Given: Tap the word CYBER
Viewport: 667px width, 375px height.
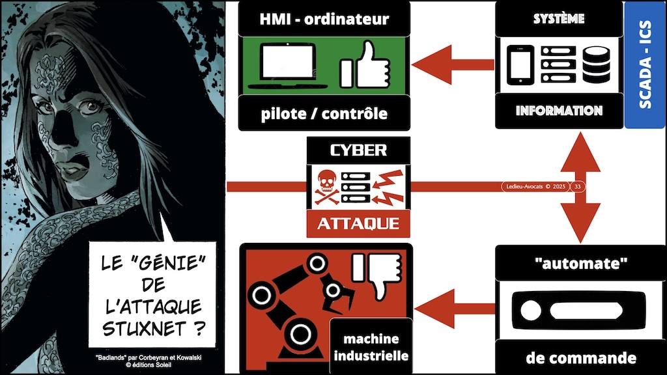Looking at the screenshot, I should coord(358,150).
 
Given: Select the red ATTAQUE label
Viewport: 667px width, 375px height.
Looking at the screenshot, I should coord(358,225).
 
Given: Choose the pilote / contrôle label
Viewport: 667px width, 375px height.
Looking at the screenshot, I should coord(324,113).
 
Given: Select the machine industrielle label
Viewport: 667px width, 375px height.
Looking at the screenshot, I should coord(371,348).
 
